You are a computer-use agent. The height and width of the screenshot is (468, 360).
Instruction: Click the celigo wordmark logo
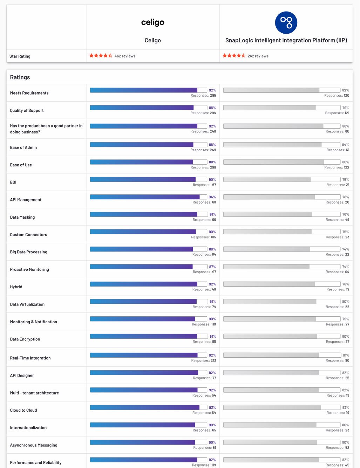[152, 22]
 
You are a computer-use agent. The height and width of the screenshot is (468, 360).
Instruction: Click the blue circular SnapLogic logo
[286, 23]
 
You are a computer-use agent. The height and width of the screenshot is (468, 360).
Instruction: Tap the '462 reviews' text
[125, 56]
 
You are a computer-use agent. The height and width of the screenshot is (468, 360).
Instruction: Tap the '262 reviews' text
[258, 56]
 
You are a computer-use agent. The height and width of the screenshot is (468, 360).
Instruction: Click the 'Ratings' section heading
[20, 77]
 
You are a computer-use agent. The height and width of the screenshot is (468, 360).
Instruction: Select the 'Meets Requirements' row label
[29, 93]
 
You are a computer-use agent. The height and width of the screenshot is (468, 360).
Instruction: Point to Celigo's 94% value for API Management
[212, 197]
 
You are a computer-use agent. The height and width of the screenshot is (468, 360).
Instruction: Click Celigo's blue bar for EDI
[143, 179]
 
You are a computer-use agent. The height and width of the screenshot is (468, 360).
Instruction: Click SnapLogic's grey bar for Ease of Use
[273, 162]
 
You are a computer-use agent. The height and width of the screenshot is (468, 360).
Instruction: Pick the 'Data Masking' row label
[22, 217]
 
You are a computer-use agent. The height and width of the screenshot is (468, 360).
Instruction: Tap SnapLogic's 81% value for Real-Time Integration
[346, 355]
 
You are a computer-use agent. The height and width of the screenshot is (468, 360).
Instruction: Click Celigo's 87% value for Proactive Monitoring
[212, 267]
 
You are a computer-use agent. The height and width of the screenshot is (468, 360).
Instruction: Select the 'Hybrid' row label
[16, 287]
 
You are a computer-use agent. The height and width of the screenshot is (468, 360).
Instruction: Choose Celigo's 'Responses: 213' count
[204, 360]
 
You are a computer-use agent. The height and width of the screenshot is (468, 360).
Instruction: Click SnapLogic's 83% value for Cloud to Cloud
[346, 407]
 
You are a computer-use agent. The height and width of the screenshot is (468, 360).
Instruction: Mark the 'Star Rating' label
[20, 56]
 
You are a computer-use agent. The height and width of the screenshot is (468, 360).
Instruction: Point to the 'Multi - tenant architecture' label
[34, 393]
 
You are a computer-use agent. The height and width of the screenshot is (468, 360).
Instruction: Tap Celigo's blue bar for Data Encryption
[143, 336]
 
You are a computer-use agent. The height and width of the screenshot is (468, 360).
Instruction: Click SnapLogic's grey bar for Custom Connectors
[267, 232]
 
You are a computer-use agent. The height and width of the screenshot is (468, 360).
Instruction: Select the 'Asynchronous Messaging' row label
[34, 445]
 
